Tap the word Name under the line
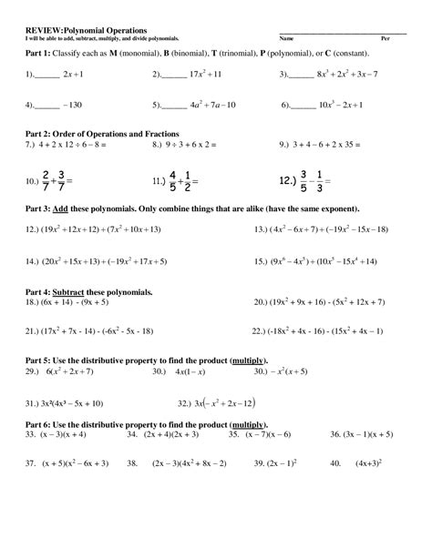click(286, 39)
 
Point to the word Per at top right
click(385, 39)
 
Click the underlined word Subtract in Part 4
click(74, 292)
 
